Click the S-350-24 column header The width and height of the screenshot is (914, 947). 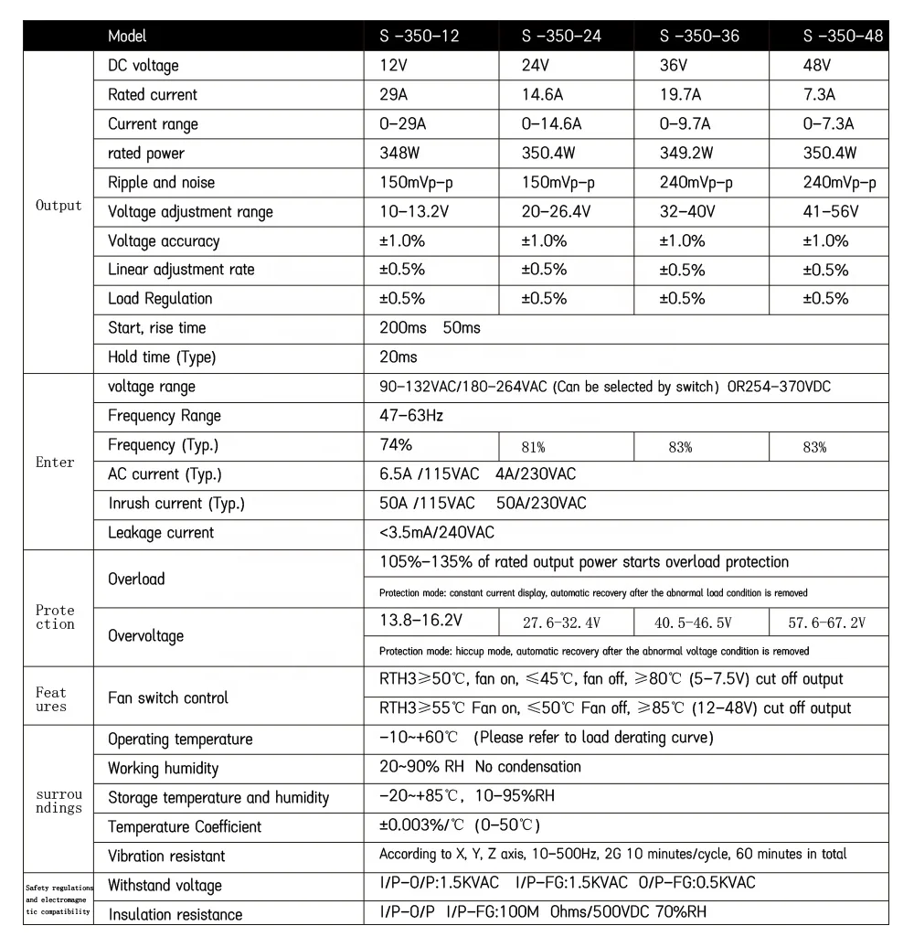[561, 37]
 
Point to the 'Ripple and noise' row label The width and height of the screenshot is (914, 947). [161, 183]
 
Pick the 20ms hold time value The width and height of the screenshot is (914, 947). [398, 357]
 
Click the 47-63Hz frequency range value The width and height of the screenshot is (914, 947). [411, 416]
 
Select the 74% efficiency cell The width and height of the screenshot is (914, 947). [396, 445]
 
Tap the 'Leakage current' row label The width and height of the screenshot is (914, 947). [161, 533]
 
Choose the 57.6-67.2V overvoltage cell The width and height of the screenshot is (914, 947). [826, 623]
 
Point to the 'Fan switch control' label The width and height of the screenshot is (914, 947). [167, 698]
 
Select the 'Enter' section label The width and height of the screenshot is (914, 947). [55, 463]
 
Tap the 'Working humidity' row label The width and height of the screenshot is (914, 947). [164, 769]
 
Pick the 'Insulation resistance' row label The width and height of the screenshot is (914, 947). [175, 915]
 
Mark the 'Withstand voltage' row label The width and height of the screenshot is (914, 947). [165, 886]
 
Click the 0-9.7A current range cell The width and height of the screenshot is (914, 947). [692, 124]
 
